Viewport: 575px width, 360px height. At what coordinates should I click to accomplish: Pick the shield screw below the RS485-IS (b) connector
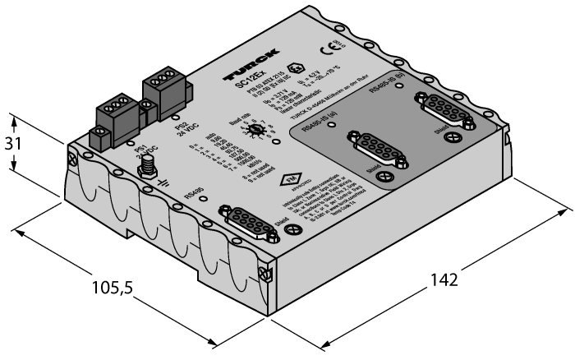click(x=469, y=124)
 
